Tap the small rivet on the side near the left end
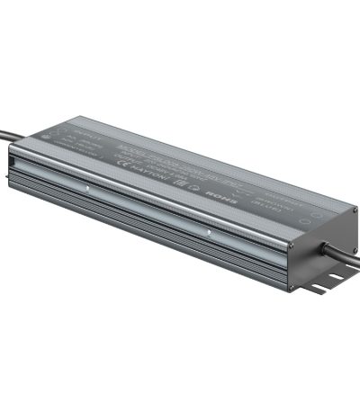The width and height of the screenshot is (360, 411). pos(86,190)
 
